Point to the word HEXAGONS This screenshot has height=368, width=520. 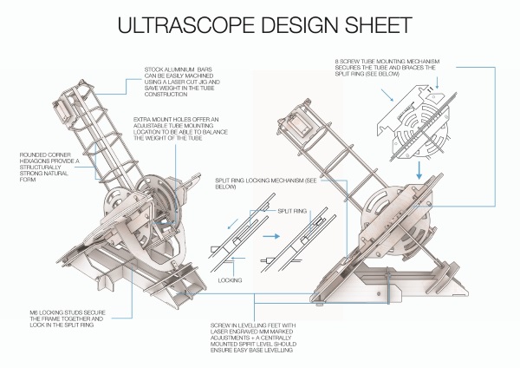(x=37, y=162)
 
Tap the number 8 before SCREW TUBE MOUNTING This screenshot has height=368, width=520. (x=336, y=62)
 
